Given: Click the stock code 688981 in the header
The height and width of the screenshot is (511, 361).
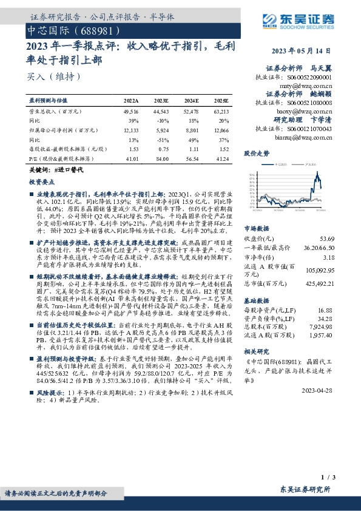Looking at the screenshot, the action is pyautogui.click(x=91, y=29).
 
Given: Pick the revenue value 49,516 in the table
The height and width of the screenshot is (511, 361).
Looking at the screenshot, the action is pyautogui.click(x=131, y=113).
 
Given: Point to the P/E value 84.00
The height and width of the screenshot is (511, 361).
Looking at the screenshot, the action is pyautogui.click(x=161, y=158).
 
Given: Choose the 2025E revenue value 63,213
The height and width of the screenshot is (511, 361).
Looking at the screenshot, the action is pyautogui.click(x=221, y=113).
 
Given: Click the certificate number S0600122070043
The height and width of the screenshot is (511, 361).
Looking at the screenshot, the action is pyautogui.click(x=311, y=129).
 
